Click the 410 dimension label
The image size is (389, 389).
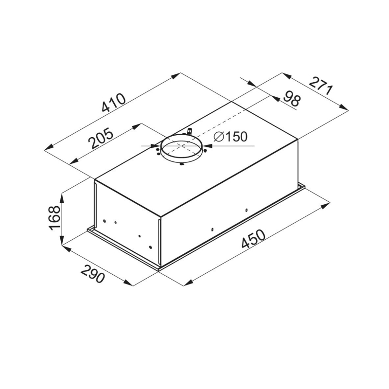pyautogui.click(x=114, y=103)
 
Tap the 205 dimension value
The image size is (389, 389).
pyautogui.click(x=101, y=138)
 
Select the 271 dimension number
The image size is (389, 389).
pyautogui.click(x=320, y=86)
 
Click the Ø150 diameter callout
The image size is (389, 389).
pyautogui.click(x=230, y=137)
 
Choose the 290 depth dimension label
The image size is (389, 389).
pyautogui.click(x=93, y=274)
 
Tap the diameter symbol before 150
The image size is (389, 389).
pyautogui.click(x=219, y=137)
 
